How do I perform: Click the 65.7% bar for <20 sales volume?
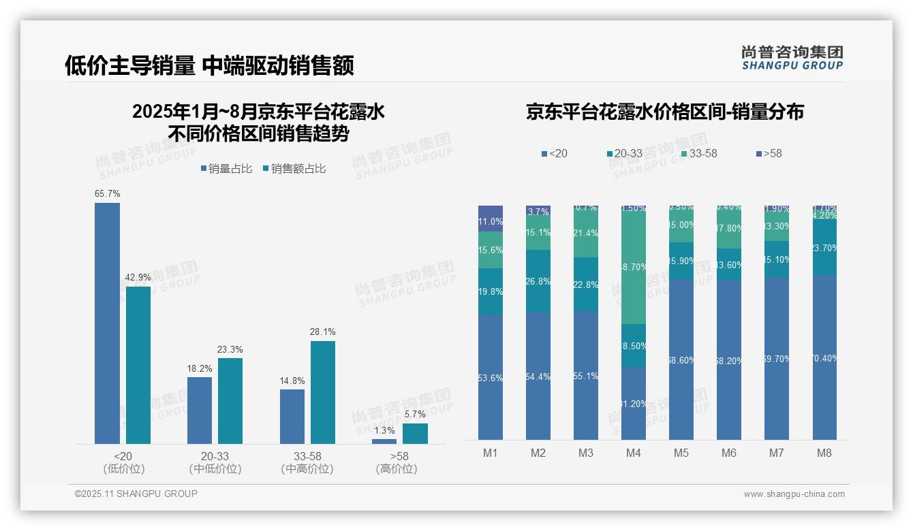tap(107, 323)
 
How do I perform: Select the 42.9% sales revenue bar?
tap(138, 365)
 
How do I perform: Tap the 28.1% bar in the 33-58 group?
tap(323, 392)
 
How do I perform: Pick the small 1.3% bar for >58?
tap(384, 441)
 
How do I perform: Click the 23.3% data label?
tap(230, 349)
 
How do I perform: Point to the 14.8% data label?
tap(292, 381)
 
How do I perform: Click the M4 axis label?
tap(633, 453)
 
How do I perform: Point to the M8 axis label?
tap(824, 453)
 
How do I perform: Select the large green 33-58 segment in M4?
tap(634, 265)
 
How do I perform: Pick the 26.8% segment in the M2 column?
tap(538, 281)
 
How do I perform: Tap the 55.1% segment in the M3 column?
tap(586, 376)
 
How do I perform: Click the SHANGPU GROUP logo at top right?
tap(792, 58)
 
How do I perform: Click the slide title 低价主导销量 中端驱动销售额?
tap(209, 65)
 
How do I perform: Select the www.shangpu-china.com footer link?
tap(794, 494)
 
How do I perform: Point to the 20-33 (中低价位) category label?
tap(215, 462)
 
